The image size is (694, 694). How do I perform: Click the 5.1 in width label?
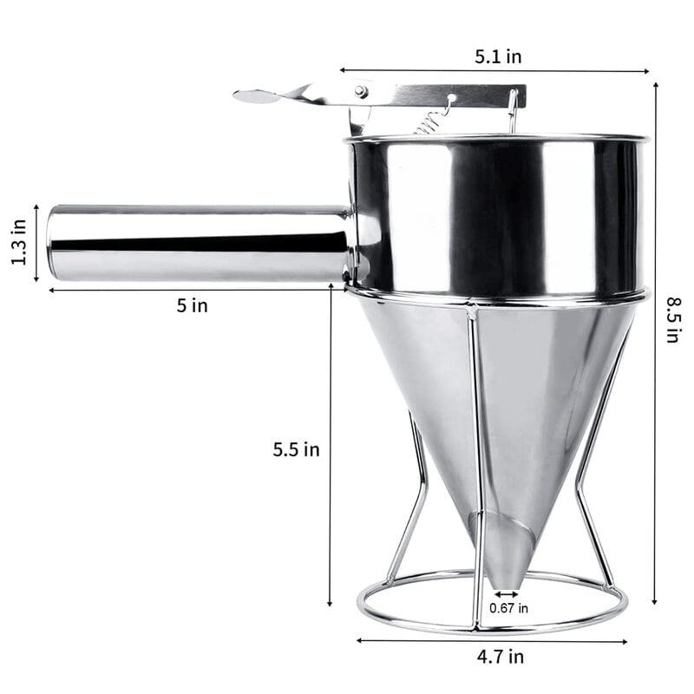pyautogui.click(x=497, y=56)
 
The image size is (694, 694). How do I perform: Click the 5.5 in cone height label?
pyautogui.click(x=296, y=449)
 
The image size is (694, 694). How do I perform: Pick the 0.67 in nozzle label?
pyautogui.click(x=508, y=608)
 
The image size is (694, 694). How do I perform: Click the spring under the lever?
pyautogui.click(x=431, y=119)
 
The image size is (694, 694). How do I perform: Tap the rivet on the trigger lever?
pyautogui.click(x=360, y=91)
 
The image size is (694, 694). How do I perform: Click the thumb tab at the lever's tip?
pyautogui.click(x=257, y=96)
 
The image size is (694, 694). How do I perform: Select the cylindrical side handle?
pyautogui.click(x=200, y=243)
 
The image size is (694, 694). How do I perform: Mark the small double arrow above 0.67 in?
pyautogui.click(x=507, y=594)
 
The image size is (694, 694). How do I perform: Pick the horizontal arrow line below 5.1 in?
pyautogui.click(x=494, y=71)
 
